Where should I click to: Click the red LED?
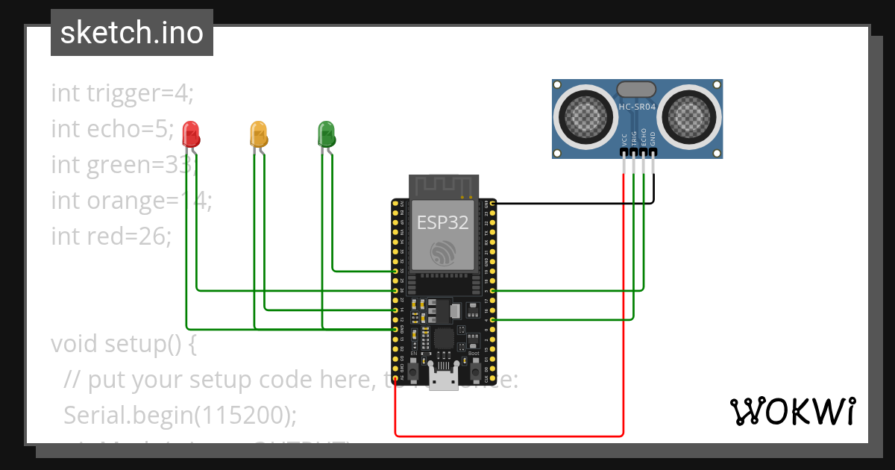[x=192, y=134]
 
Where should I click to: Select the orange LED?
[x=257, y=134]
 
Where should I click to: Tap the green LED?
[x=327, y=134]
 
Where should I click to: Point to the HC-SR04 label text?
[x=637, y=107]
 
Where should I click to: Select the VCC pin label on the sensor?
[x=624, y=139]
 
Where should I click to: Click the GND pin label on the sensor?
[x=653, y=139]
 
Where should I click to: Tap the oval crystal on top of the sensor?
[x=637, y=89]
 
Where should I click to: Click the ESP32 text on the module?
[x=442, y=222]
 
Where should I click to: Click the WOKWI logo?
[x=792, y=411]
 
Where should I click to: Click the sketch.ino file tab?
[x=132, y=33]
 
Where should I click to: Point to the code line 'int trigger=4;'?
[x=122, y=93]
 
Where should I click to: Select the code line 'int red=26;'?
[x=112, y=236]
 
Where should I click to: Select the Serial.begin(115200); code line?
[x=180, y=414]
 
